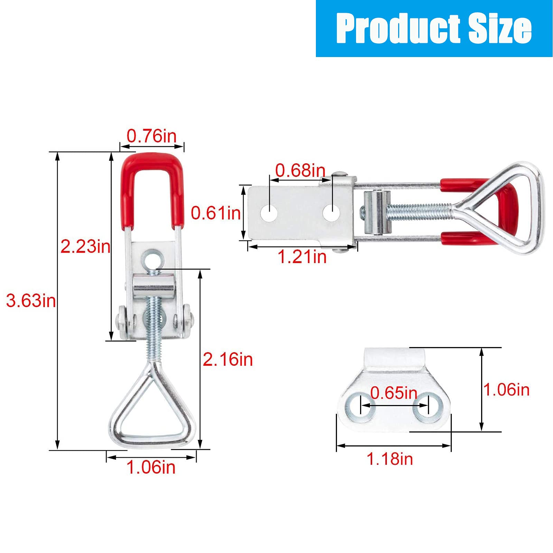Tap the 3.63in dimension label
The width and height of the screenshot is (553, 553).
(31, 301)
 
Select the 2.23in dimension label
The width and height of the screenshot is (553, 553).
(85, 247)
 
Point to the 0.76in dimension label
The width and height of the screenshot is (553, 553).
(152, 136)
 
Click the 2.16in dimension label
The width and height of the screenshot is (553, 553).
(228, 360)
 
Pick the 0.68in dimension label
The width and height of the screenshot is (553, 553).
(300, 170)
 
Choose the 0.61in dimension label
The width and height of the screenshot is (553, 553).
(216, 213)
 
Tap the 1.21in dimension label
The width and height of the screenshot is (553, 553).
(302, 257)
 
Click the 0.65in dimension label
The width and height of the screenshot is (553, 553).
(394, 393)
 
